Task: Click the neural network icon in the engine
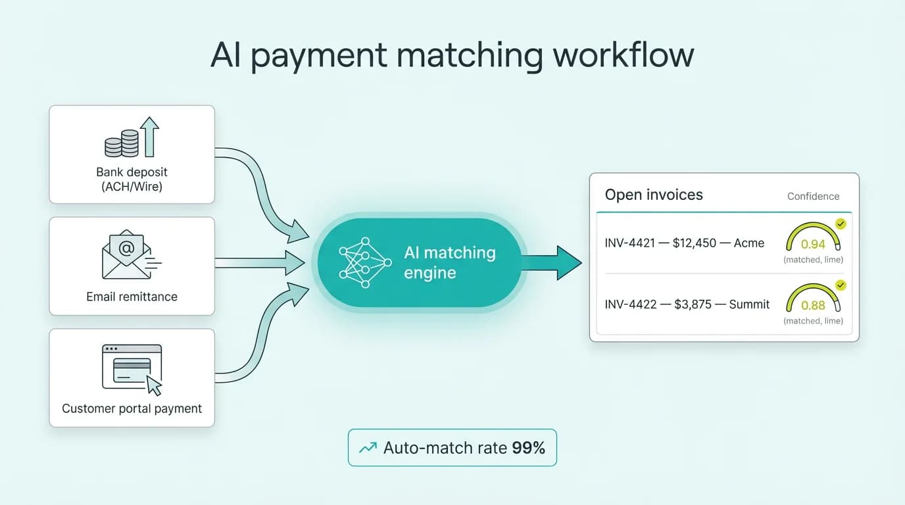pos(364,262)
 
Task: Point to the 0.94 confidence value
pos(813,244)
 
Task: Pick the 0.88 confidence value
pos(813,305)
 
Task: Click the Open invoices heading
pos(654,195)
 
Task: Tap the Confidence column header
pos(813,196)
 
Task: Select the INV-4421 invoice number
pos(630,243)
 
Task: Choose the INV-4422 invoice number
pos(630,304)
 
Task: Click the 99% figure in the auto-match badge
pos(529,448)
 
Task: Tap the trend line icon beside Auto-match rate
pos(368,448)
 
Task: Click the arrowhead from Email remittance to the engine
pos(293,263)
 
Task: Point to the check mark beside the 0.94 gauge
pos(841,224)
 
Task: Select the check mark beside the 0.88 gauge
pos(841,285)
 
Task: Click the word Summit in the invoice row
pos(750,304)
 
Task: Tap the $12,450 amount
pos(695,243)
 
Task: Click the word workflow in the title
pos(623,55)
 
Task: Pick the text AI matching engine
pos(450,262)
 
